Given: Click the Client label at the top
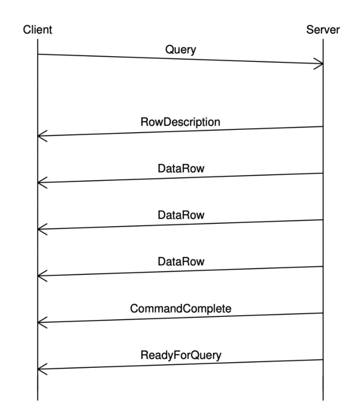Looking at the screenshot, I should [x=37, y=30].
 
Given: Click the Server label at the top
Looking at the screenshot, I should [x=323, y=30].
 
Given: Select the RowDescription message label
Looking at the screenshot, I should [x=180, y=122].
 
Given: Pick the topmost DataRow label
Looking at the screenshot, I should [x=180, y=169].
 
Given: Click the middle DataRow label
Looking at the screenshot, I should [x=180, y=215].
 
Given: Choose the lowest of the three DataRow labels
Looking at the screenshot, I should [x=180, y=262].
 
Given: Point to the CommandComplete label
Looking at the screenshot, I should [x=180, y=308].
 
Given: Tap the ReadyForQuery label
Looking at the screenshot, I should [x=180, y=355].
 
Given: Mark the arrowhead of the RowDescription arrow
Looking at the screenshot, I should [x=40, y=136].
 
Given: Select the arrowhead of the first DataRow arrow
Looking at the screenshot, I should [x=40, y=183].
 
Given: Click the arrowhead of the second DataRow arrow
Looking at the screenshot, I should [x=40, y=229].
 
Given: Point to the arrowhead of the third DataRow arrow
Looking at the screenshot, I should [x=40, y=276].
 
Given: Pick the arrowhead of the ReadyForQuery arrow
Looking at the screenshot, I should [x=40, y=369].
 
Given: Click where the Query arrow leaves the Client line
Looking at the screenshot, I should [x=38, y=54].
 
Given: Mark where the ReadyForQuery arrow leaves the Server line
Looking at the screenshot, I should [x=323, y=360].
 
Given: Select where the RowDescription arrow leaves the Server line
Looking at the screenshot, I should [x=323, y=127].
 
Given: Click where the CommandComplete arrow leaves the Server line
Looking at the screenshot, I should [x=323, y=313].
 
